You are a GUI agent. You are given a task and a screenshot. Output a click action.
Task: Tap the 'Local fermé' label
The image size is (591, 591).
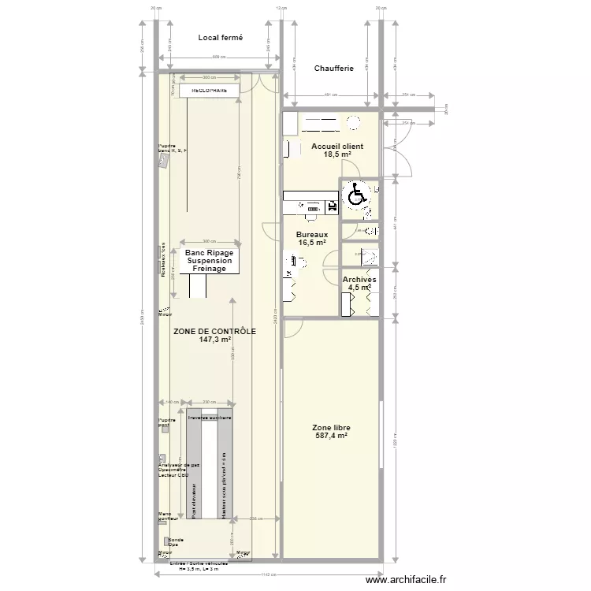(x=220, y=37)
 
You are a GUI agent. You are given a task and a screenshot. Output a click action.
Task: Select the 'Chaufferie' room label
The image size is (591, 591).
(x=333, y=69)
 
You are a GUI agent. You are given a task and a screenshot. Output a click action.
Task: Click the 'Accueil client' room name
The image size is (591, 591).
(x=337, y=147)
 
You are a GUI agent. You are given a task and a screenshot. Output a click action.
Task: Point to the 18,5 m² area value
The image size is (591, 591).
(x=337, y=155)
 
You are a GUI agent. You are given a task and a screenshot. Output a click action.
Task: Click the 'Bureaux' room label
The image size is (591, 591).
(x=313, y=235)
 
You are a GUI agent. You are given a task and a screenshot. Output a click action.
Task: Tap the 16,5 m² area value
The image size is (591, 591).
(x=313, y=243)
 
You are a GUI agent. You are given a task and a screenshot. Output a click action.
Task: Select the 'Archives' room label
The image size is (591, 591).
(x=359, y=280)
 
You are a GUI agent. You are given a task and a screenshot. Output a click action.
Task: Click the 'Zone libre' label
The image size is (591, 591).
(x=332, y=427)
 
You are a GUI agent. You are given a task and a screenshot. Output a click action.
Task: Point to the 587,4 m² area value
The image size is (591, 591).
(x=332, y=436)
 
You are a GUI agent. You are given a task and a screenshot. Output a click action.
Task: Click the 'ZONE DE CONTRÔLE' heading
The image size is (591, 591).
(x=214, y=332)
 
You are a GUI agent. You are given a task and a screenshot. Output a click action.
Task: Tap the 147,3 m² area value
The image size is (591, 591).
(x=214, y=340)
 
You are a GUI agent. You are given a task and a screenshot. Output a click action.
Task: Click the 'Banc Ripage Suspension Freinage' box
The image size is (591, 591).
(x=210, y=261)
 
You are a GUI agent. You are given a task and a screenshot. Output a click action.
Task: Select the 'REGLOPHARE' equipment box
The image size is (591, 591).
(x=209, y=91)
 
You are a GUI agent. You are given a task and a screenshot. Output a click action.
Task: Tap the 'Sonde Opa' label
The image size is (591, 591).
(x=175, y=542)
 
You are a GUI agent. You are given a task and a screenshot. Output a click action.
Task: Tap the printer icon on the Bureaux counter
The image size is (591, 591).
(x=332, y=206)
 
